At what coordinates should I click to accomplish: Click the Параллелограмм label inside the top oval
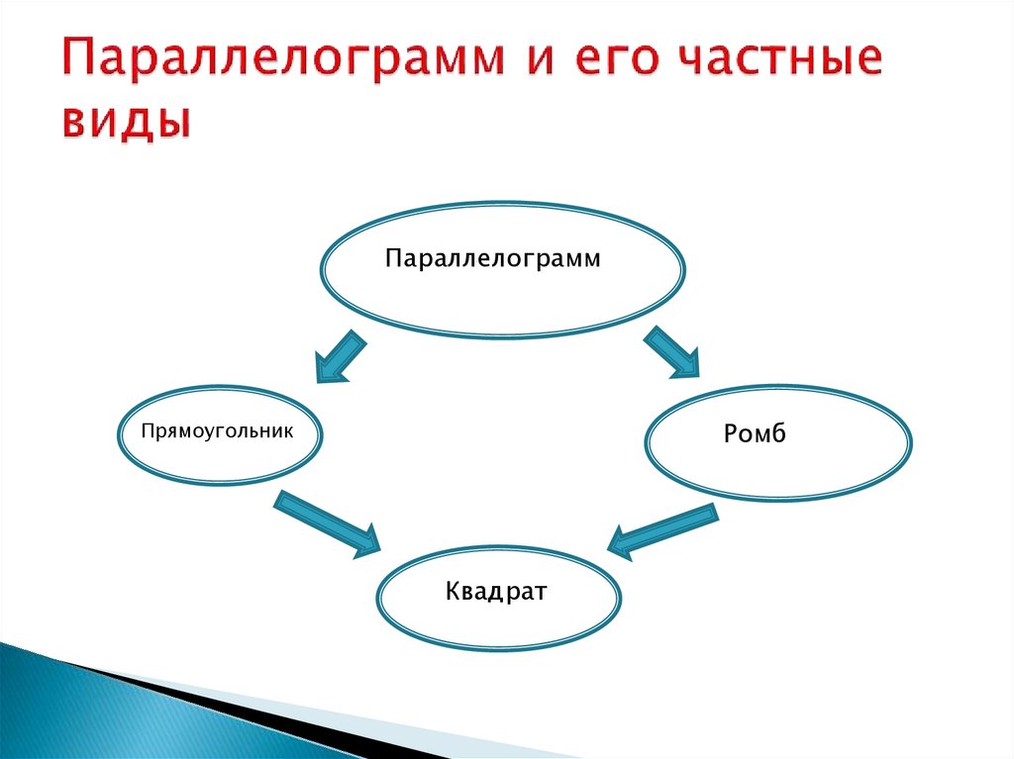493,259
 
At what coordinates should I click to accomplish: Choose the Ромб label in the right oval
755,434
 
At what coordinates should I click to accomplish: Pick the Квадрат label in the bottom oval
496,593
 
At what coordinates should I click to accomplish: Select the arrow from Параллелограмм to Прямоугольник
341,357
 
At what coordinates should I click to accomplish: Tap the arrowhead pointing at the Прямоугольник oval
326,371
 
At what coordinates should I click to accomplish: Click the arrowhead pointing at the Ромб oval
686,368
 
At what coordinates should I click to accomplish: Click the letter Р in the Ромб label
731,434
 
